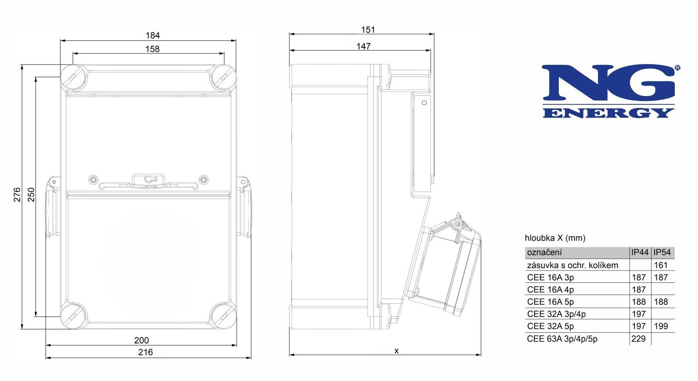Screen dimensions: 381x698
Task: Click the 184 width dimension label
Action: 152,36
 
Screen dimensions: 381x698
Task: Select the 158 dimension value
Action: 152,49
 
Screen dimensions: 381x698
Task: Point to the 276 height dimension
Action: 17,195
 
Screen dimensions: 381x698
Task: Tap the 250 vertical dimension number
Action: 32,195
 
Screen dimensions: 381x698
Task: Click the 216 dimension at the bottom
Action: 145,352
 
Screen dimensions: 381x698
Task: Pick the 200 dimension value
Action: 141,340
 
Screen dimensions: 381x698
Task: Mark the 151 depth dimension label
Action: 368,30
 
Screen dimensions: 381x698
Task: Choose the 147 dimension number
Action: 363,46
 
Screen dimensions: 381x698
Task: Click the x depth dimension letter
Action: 396,351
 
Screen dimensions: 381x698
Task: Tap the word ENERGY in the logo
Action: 608,113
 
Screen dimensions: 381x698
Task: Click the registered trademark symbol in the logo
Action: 677,68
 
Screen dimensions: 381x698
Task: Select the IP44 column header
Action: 640,253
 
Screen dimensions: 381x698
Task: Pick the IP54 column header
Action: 662,253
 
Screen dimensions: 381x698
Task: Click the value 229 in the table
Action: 638,339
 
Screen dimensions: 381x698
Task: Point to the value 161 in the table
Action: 661,265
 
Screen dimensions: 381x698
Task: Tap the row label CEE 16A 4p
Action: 550,290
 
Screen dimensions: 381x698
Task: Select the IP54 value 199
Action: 661,326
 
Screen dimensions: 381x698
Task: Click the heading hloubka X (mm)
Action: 555,238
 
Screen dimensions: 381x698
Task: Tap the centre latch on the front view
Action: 148,180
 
